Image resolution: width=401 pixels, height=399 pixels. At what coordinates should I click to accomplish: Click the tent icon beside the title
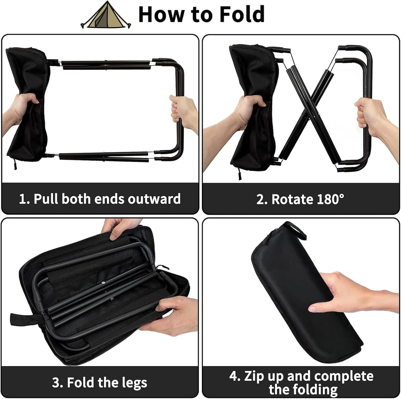point(106,15)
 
